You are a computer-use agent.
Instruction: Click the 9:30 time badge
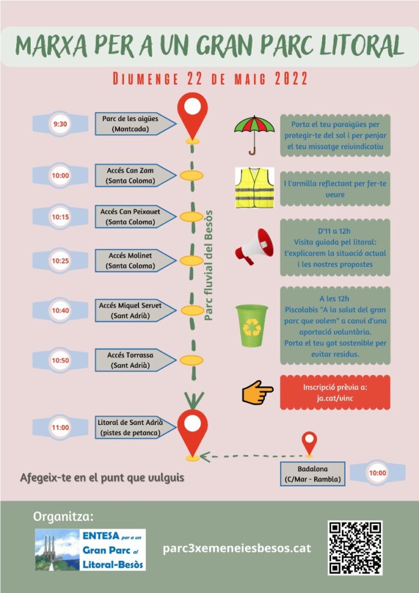(x=60, y=125)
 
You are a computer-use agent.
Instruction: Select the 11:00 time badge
(x=60, y=428)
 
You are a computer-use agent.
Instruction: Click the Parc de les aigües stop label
(x=135, y=123)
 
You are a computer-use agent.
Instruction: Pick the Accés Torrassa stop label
(x=135, y=360)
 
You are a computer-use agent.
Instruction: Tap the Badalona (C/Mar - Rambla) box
(x=312, y=474)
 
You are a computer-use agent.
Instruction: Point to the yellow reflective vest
(x=254, y=187)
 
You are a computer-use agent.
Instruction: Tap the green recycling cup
(x=252, y=325)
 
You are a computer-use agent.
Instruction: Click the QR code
(x=355, y=547)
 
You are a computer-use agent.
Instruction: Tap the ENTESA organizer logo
(x=90, y=550)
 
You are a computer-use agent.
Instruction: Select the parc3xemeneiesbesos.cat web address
(x=237, y=548)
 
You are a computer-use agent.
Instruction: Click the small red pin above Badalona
(x=309, y=443)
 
